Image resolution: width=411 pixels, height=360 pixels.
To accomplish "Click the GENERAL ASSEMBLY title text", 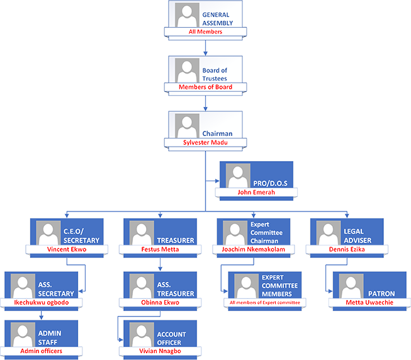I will (217, 19).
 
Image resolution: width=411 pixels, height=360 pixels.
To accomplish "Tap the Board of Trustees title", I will (215, 74).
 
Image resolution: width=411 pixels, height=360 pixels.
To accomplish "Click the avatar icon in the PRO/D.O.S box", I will (237, 176).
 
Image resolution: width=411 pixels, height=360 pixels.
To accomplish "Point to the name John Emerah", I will (256, 193).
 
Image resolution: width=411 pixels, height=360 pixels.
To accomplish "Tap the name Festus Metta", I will (160, 250).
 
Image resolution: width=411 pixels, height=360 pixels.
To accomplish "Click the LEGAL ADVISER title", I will (358, 236).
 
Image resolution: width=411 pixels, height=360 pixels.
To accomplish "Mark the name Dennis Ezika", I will (348, 250).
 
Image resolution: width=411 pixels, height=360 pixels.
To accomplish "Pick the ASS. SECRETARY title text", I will (56, 290).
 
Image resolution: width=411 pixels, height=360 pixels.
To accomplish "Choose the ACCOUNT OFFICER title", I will (171, 339).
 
